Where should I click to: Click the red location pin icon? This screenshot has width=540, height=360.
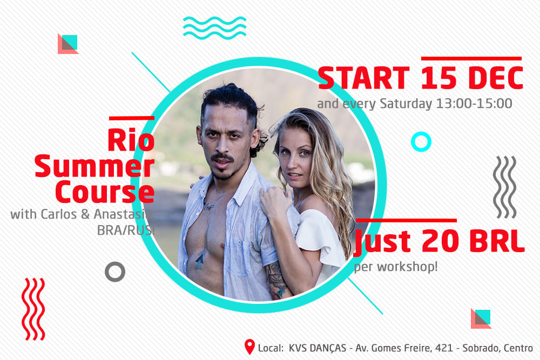249,346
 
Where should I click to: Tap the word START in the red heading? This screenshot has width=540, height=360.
363,78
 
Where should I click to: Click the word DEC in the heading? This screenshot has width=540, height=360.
496,78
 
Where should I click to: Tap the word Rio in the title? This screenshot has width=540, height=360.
131,140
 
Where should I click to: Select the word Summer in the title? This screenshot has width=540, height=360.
94,166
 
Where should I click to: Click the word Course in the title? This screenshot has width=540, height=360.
105,192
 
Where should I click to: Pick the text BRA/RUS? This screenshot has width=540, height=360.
125,230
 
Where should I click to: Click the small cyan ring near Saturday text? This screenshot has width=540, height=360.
421,141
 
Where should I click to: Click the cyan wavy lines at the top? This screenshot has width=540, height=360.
214,28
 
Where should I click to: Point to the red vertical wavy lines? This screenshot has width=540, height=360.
33,309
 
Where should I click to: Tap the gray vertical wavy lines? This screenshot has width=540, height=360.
504,187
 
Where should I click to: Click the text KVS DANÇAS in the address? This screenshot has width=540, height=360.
317,348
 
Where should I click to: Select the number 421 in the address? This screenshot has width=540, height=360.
444,348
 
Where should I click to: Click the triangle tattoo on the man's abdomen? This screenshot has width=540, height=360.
199,261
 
